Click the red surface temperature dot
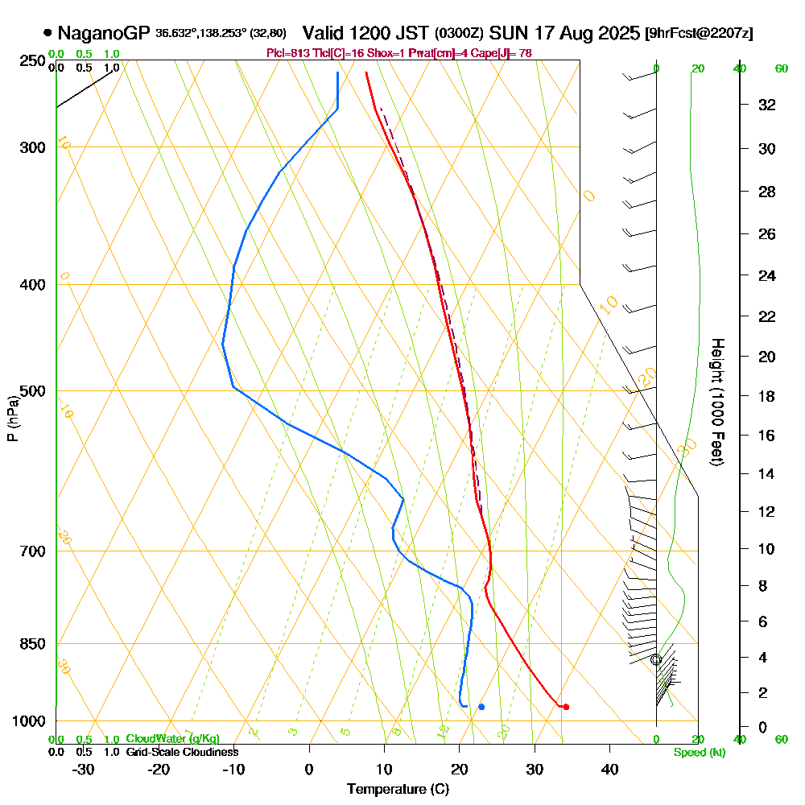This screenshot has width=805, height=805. (x=566, y=707)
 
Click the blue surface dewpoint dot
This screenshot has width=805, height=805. (x=481, y=707)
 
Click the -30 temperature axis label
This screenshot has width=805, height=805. (x=84, y=769)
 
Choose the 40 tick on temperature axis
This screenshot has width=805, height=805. (x=609, y=769)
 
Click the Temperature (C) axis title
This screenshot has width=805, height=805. (x=398, y=790)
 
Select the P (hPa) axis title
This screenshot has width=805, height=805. (x=12, y=419)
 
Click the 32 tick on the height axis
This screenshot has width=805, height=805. (x=767, y=105)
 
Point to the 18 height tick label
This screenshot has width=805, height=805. (x=767, y=396)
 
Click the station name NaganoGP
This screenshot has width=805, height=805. (x=104, y=34)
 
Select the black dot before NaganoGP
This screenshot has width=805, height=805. (x=47, y=34)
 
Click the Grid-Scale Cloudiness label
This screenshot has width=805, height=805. (x=181, y=752)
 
